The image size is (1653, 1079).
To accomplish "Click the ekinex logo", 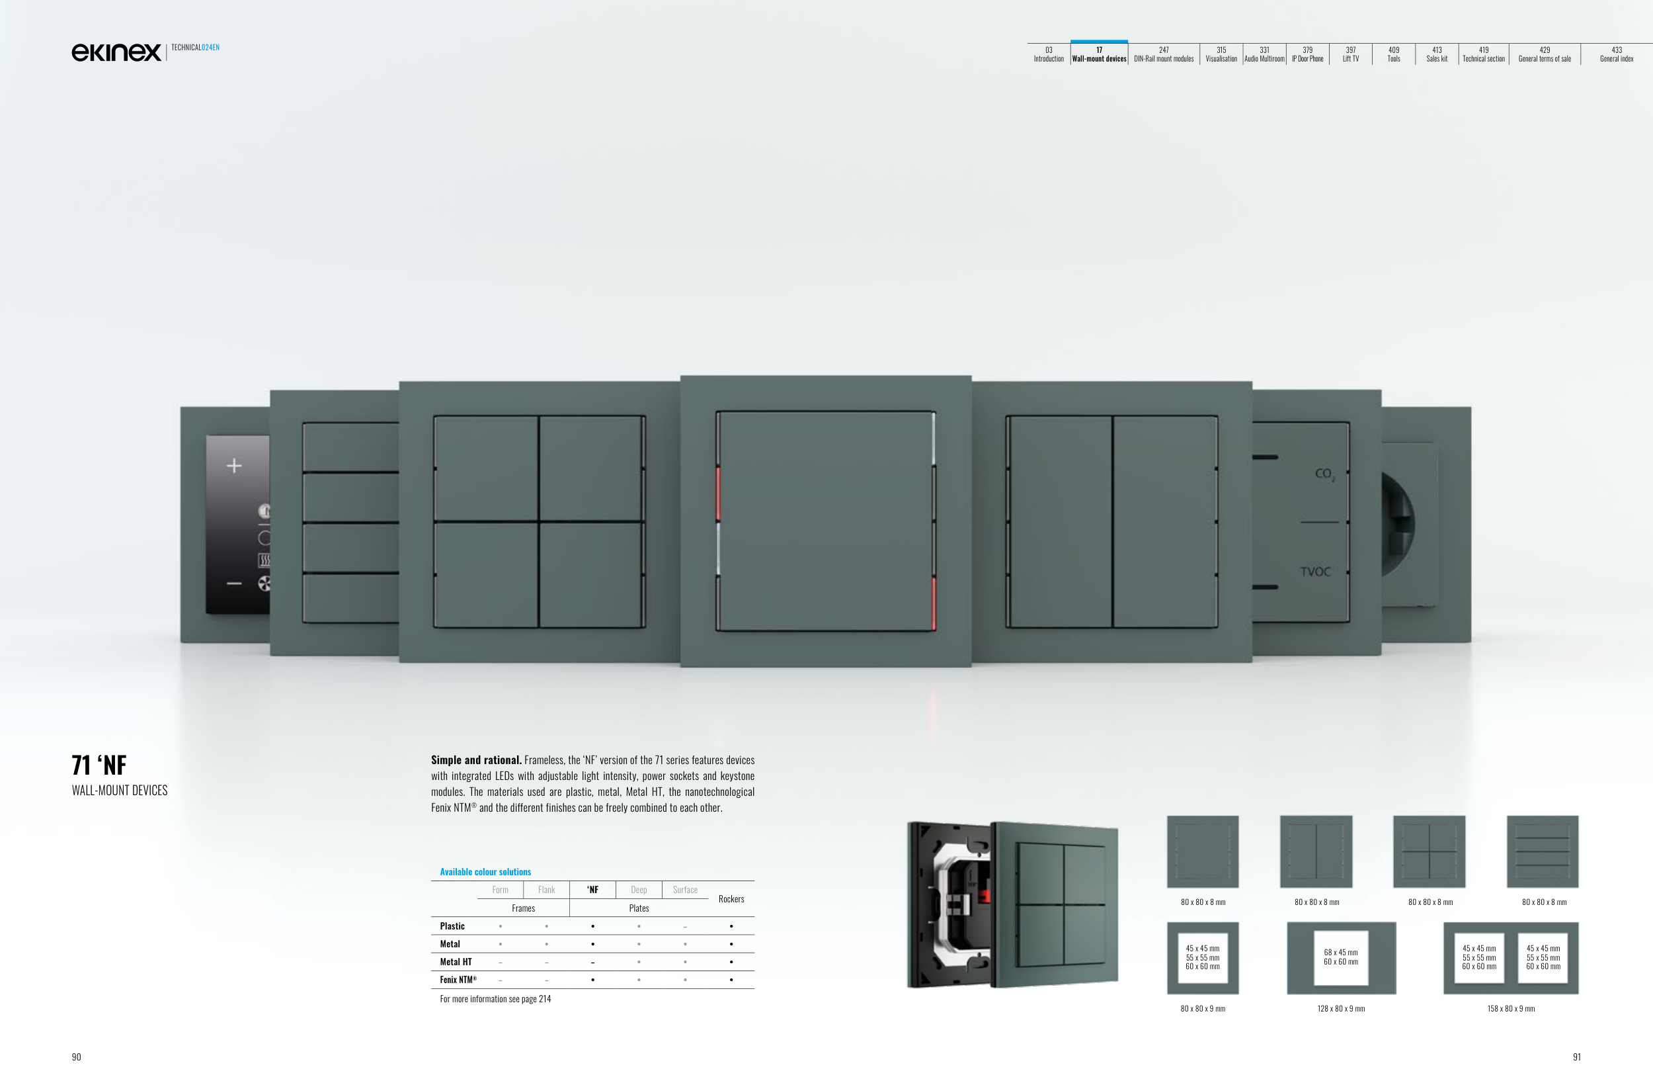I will (x=116, y=52).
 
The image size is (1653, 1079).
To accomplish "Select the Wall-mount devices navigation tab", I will (x=1099, y=55).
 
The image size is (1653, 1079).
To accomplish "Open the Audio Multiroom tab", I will (x=1264, y=55).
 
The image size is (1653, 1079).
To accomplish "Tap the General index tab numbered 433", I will (x=1616, y=55).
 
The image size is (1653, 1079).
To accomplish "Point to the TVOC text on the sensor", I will (x=1315, y=572).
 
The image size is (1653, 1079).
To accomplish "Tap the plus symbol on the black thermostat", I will (x=234, y=466).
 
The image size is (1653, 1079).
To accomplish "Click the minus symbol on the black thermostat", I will (x=234, y=583).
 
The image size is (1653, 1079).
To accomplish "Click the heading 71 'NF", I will (x=99, y=765).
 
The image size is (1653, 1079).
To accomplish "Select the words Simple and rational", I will (x=476, y=760).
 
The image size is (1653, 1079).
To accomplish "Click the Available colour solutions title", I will (x=485, y=872).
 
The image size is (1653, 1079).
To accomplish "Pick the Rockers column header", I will (x=731, y=899).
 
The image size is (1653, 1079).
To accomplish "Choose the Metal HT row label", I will (x=456, y=963).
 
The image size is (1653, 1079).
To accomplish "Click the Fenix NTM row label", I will (x=458, y=980).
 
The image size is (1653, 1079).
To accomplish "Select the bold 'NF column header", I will (x=592, y=890).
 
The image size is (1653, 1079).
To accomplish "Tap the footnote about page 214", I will (x=495, y=999).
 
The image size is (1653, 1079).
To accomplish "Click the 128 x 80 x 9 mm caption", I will (x=1340, y=1009).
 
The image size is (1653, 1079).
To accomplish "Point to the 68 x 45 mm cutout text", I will (x=1340, y=953).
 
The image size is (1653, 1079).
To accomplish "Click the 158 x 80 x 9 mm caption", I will (x=1511, y=1009).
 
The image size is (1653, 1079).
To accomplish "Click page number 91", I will (x=1576, y=1057).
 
